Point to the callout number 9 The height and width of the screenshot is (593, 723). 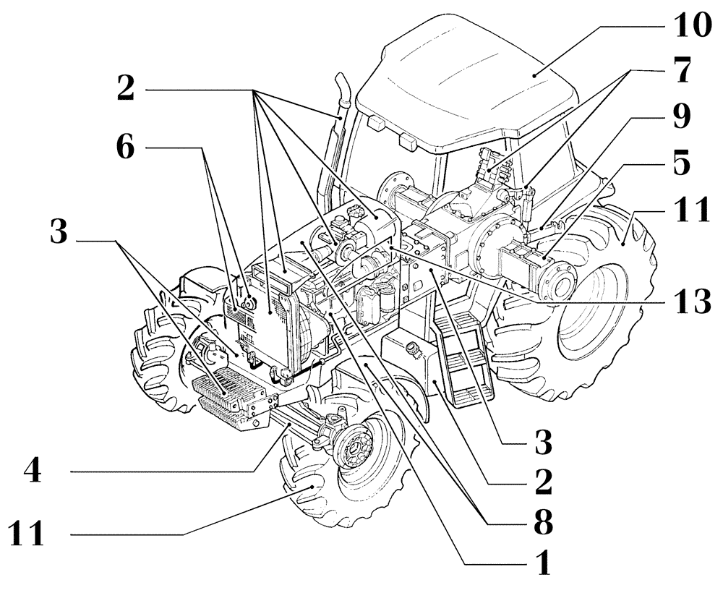[x=680, y=116]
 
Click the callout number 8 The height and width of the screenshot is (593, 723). [x=539, y=521]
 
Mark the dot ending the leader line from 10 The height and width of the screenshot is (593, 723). [x=534, y=74]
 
